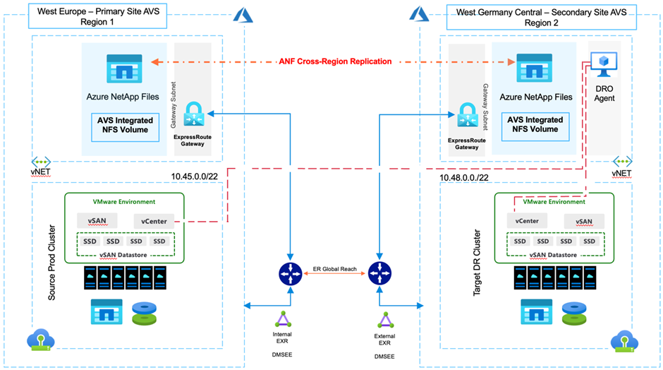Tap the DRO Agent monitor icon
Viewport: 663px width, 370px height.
click(604, 65)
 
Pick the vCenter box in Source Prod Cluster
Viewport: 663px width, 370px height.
click(154, 221)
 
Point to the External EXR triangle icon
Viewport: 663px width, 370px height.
click(384, 320)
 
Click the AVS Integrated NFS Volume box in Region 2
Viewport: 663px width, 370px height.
click(535, 125)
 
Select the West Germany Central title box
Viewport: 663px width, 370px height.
click(541, 16)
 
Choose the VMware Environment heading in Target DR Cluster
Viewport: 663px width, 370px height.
click(550, 201)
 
